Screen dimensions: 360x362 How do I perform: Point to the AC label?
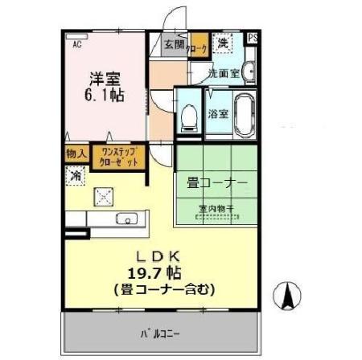pyautogui.click(x=77, y=45)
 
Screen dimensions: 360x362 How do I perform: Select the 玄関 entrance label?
pyautogui.click(x=174, y=45)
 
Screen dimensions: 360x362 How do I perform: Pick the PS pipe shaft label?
pyautogui.click(x=253, y=38)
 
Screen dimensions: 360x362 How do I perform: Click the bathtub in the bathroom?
pyautogui.click(x=243, y=111)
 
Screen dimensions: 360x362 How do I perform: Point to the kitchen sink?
pyautogui.click(x=126, y=219)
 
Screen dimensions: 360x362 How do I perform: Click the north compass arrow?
pyautogui.click(x=285, y=297)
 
